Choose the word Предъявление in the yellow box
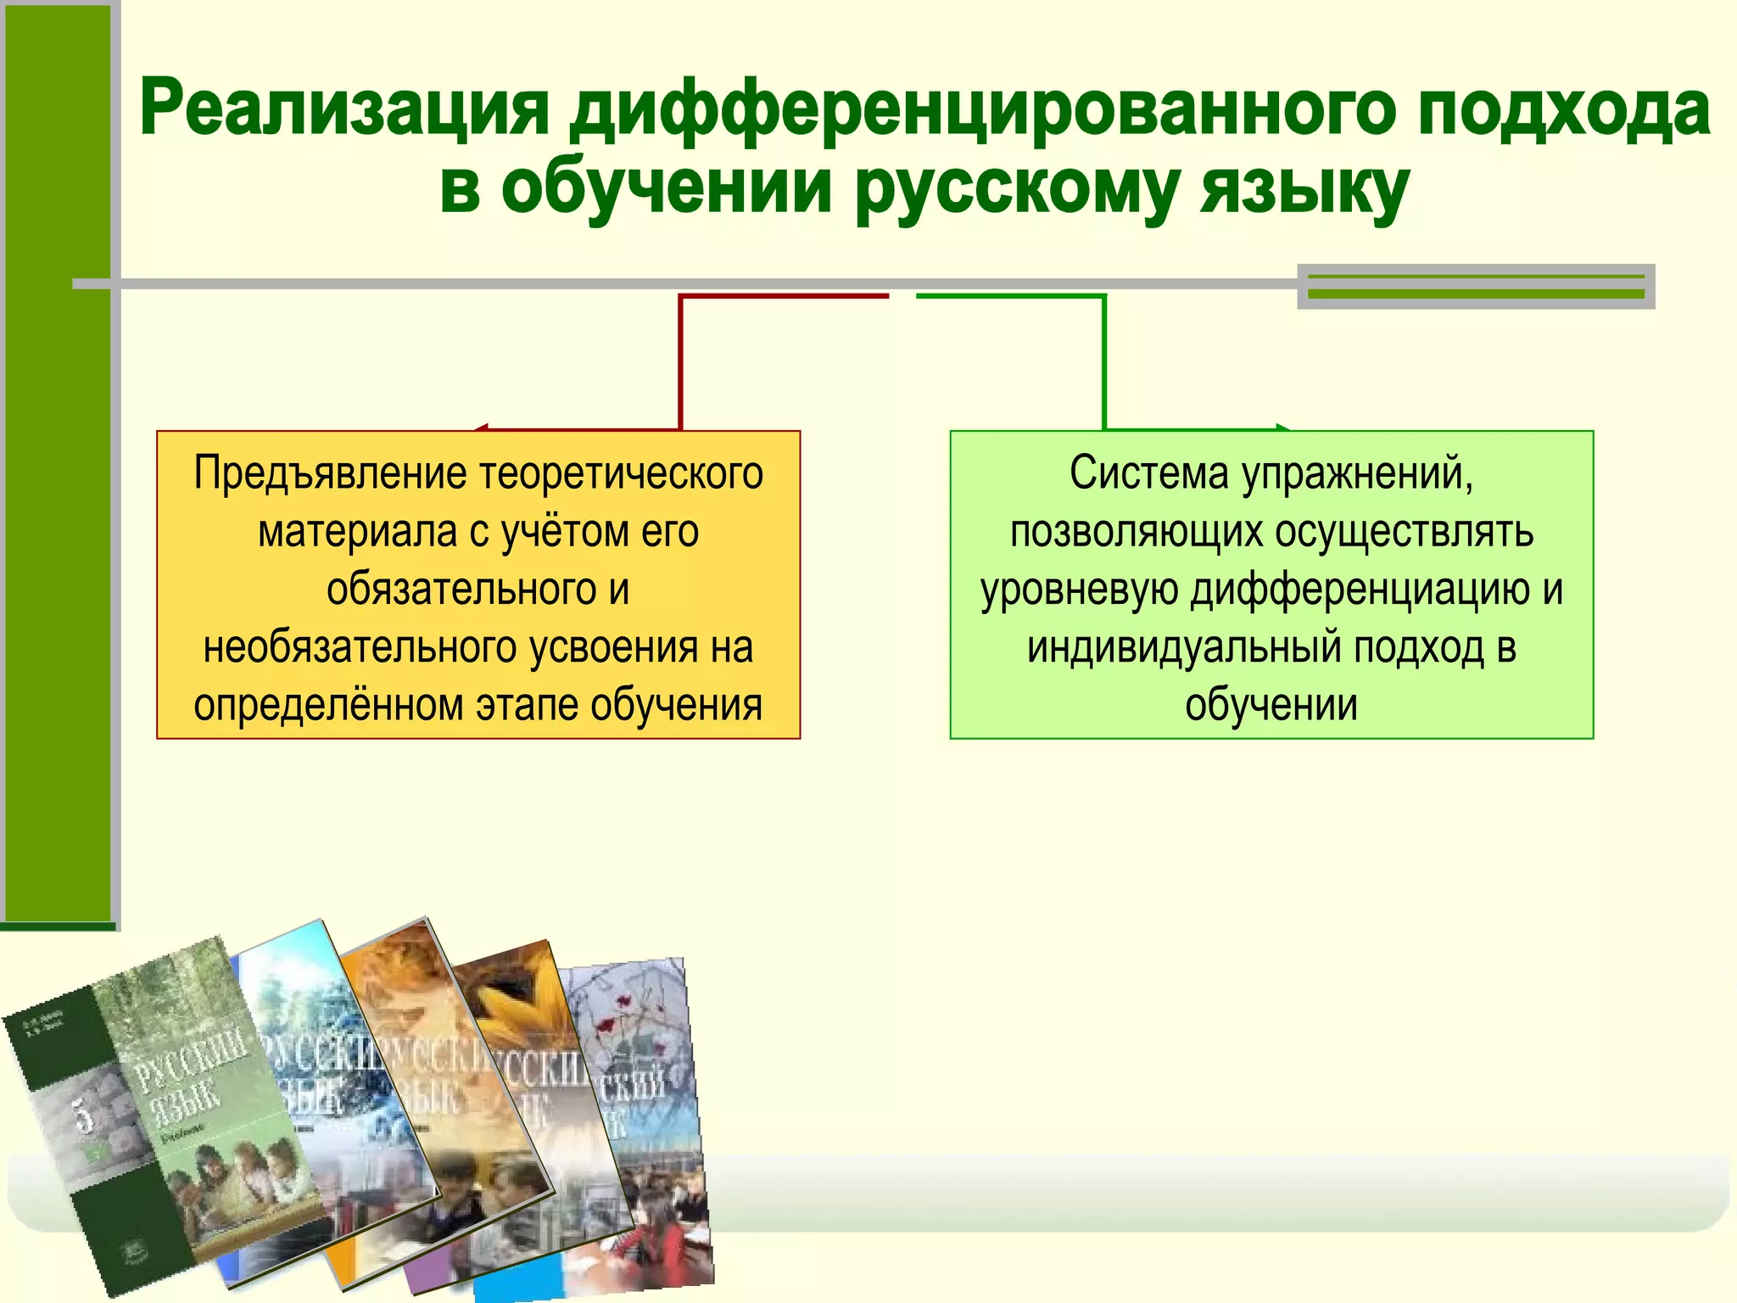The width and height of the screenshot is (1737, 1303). pyautogui.click(x=329, y=473)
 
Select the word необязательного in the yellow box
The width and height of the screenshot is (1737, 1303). pyautogui.click(x=355, y=648)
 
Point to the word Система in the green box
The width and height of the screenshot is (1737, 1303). pyautogui.click(x=1148, y=473)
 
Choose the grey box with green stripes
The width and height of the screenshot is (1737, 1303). pyautogui.click(x=1476, y=287)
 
